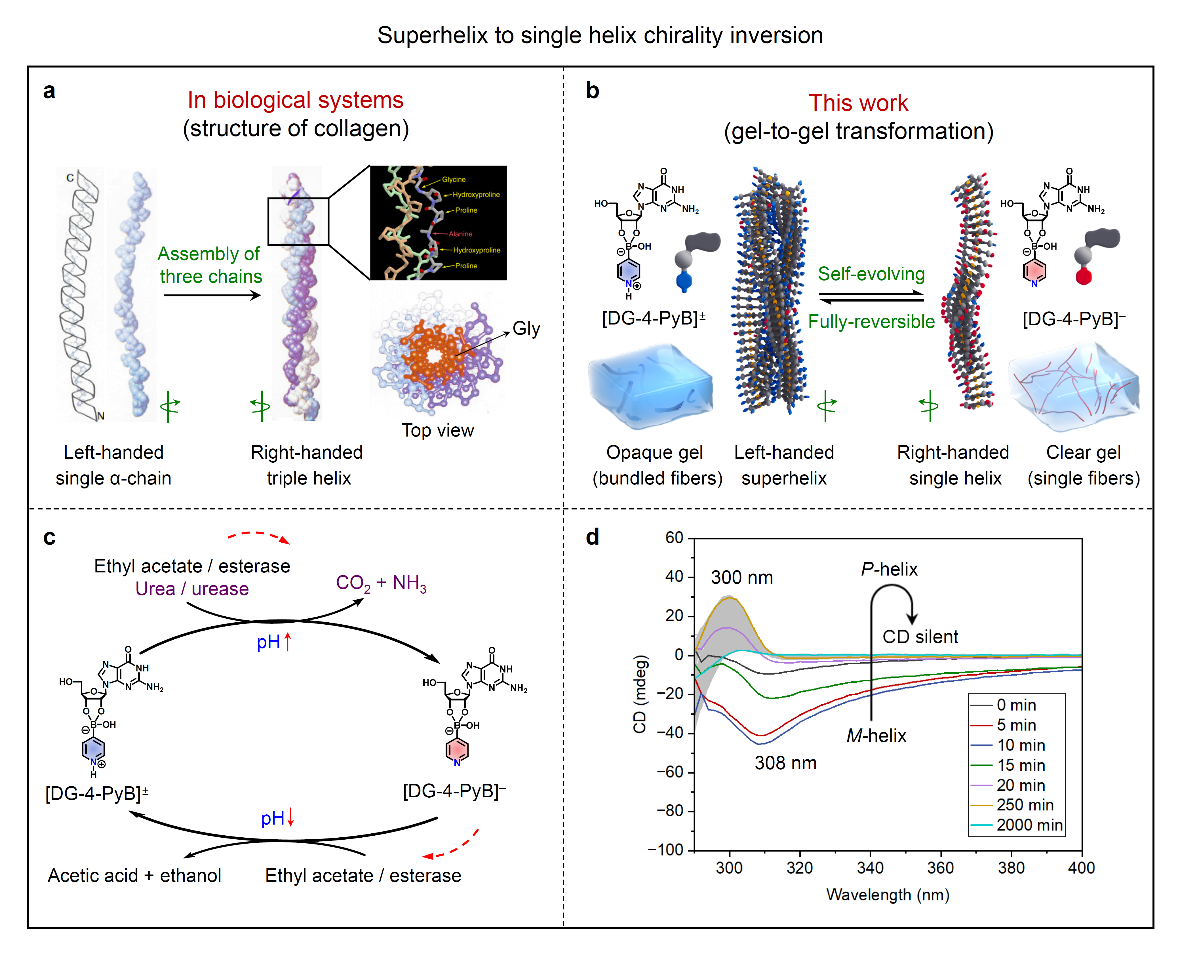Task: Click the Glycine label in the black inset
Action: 454,180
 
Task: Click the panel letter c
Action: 49,538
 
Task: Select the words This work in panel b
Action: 858,103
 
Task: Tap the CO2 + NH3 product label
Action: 382,583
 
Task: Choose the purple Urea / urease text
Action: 192,589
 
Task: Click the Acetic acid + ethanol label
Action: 134,875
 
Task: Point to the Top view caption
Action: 438,431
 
